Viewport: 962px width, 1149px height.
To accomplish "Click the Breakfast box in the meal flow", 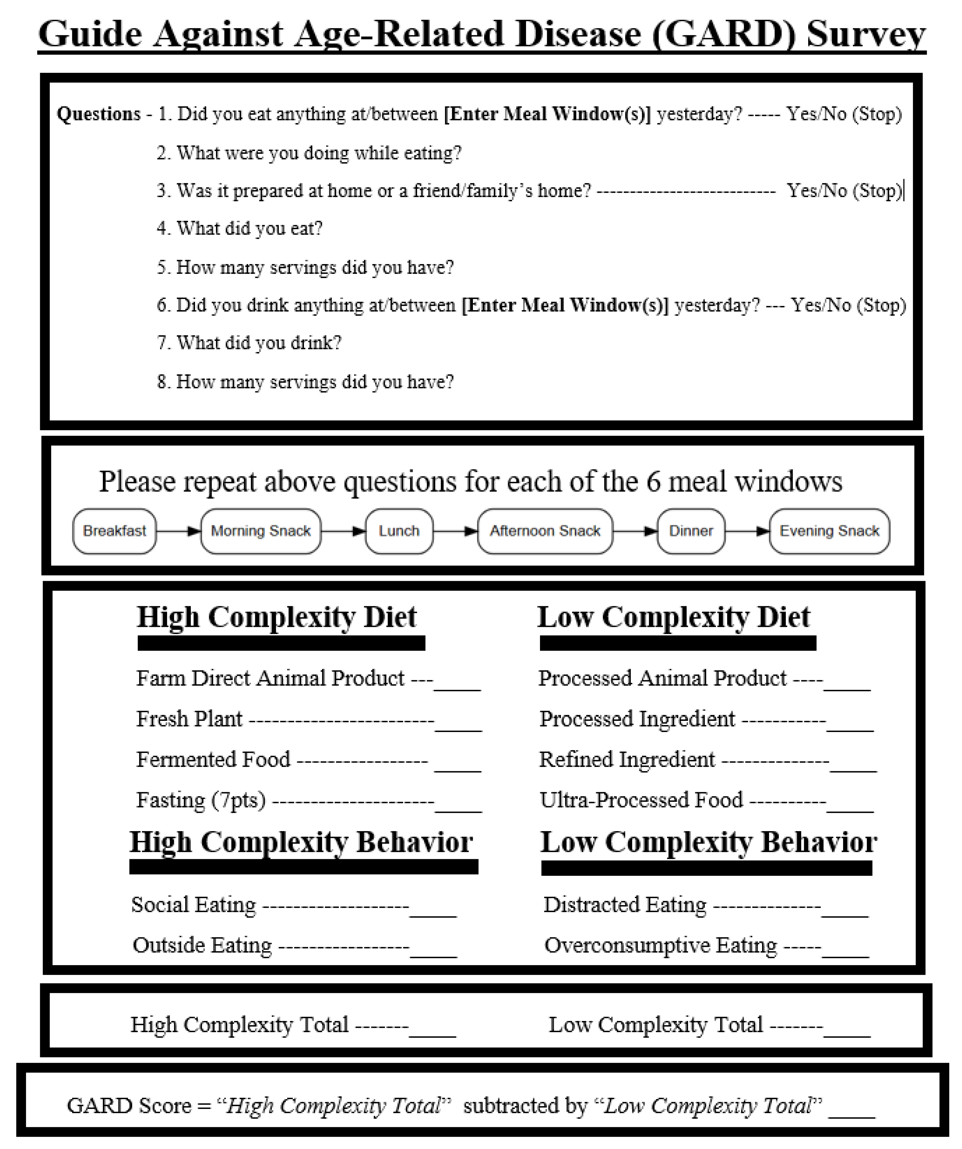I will click(x=114, y=531).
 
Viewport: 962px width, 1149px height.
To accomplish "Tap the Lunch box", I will click(x=399, y=531).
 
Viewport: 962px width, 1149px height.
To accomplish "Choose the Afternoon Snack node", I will click(x=545, y=531).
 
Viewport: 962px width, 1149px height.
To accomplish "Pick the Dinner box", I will click(x=691, y=531).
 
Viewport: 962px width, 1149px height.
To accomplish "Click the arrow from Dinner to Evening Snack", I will click(x=747, y=531).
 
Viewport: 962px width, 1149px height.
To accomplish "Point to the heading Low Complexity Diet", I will click(x=674, y=617).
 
